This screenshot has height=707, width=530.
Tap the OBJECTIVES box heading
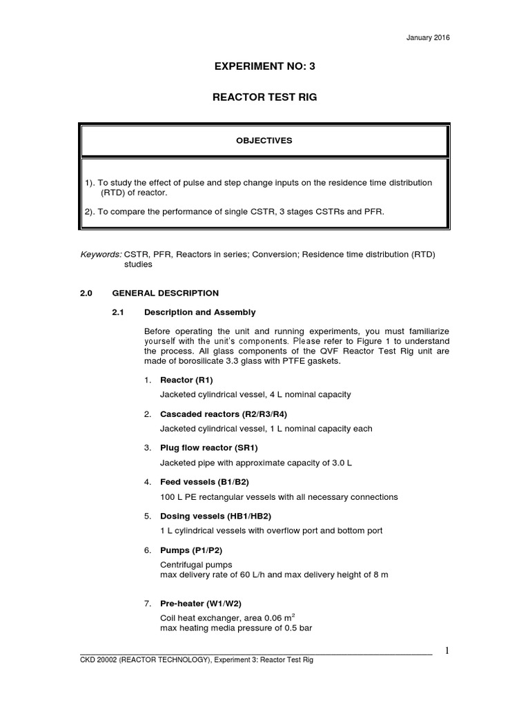pyautogui.click(x=265, y=140)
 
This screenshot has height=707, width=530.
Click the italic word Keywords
pyautogui.click(x=101, y=255)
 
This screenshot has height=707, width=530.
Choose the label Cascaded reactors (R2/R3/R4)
pyautogui.click(x=215, y=414)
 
